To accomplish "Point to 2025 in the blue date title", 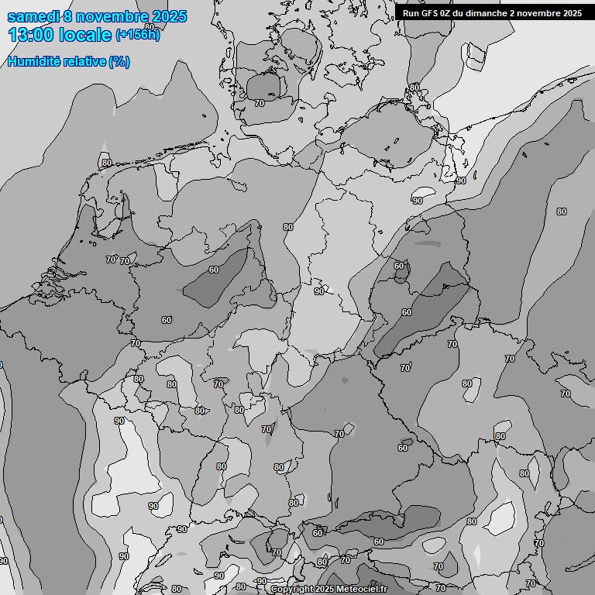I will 169,16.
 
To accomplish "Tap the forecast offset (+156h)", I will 138,35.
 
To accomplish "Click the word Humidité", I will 33,61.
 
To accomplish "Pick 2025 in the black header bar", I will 572,12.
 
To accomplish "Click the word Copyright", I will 292,590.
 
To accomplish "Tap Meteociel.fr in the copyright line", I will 362,590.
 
